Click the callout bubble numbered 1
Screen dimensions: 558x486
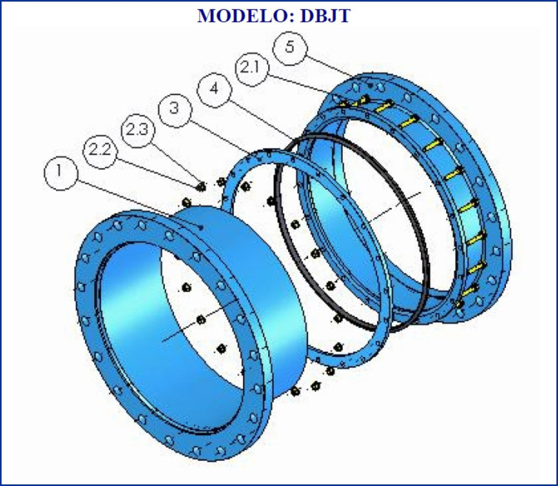(x=61, y=173)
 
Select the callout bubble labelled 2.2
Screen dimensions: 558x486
(x=100, y=151)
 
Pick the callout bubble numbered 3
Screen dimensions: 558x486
(x=174, y=109)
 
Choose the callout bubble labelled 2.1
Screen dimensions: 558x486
(x=252, y=68)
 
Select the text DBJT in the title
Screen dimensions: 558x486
(x=325, y=16)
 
